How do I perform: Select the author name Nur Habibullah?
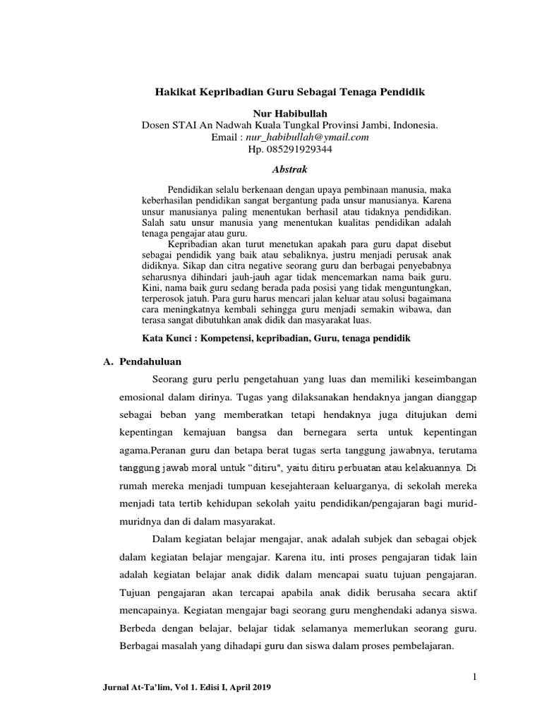289,114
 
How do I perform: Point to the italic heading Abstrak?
289,169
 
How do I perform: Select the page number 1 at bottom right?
476,677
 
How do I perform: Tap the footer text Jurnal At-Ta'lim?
136,687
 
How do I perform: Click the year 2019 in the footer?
260,687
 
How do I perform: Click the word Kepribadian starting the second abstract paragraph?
195,244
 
